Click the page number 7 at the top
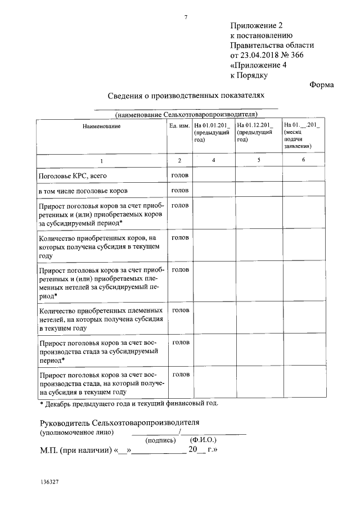point(186,17)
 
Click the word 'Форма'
point(322,85)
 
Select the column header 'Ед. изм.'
point(179,126)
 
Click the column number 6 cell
point(303,161)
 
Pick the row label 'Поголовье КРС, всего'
point(71,176)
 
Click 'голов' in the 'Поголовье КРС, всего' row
point(179,175)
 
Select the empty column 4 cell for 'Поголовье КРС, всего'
point(213,176)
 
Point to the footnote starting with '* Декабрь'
point(128,403)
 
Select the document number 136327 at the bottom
point(50,483)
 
